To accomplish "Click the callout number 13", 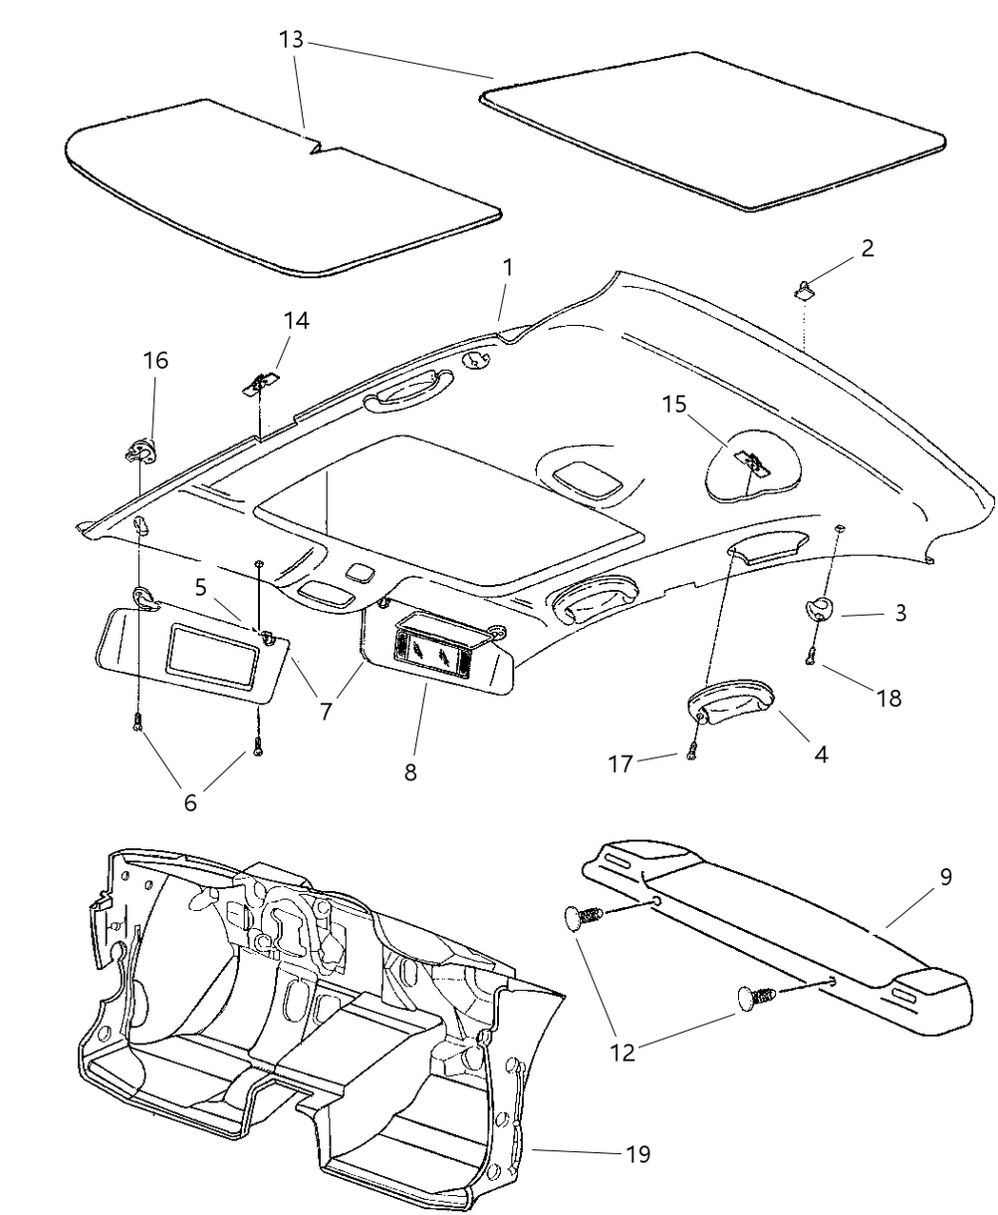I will coord(291,40).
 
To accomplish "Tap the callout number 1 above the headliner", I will coord(508,268).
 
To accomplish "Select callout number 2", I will coord(867,249).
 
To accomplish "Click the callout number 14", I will coord(296,320).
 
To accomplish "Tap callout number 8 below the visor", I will coord(410,771).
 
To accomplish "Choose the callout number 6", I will coord(190,802).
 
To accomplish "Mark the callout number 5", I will coord(201,587).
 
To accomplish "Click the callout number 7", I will coord(326,711).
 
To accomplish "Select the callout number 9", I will coord(946,877).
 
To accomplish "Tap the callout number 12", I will coord(623,1054).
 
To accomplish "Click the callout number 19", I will coord(637,1154).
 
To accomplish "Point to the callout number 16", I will coord(155,360).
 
